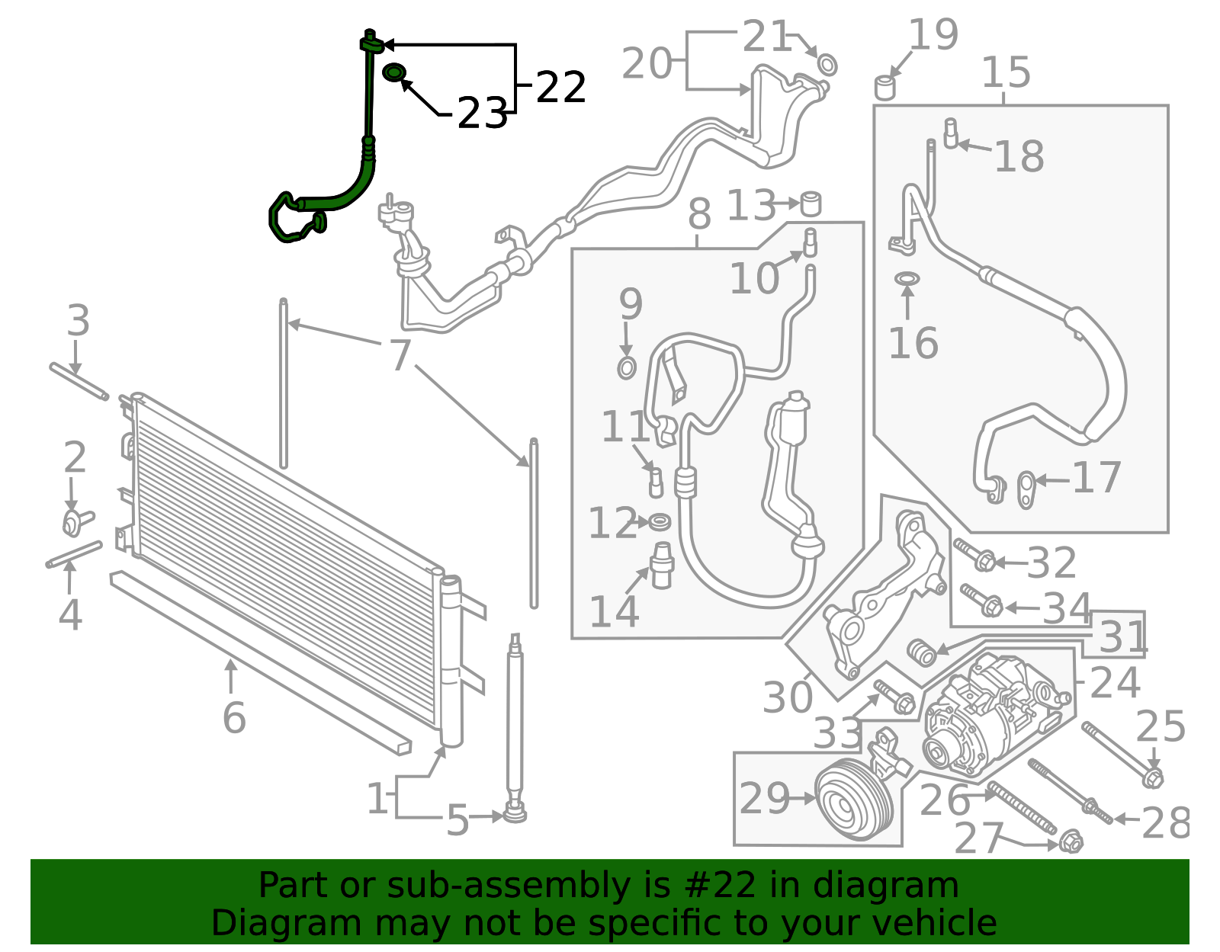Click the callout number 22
point(561,87)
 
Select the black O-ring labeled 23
point(394,72)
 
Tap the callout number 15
point(1006,72)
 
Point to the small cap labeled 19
point(884,88)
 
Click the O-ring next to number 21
point(827,65)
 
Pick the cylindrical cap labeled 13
point(810,204)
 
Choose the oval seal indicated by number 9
point(627,368)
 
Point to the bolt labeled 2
point(77,521)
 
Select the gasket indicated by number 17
point(1026,491)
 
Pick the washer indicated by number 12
point(660,522)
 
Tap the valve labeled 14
point(662,564)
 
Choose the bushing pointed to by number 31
point(922,652)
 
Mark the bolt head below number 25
point(1154,779)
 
